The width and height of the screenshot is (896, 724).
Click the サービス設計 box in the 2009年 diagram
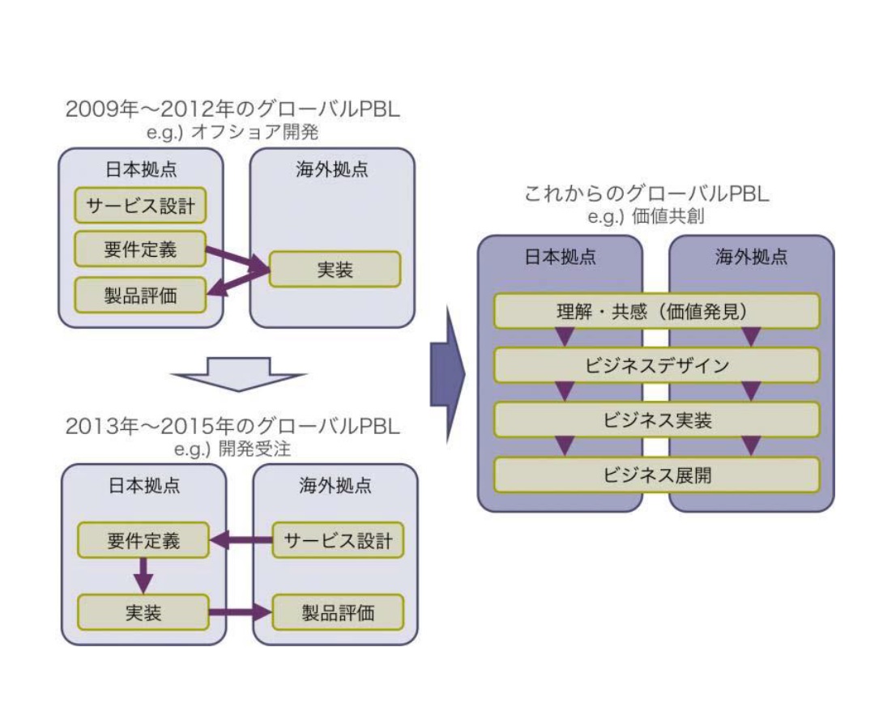click(139, 206)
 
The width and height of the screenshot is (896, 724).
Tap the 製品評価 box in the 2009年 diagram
click(139, 295)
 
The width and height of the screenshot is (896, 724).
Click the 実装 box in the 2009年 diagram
click(335, 269)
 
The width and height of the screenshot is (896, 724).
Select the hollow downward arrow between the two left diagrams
click(239, 374)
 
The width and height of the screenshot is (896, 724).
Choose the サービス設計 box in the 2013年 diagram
click(338, 540)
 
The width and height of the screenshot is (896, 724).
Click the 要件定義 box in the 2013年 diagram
click(143, 540)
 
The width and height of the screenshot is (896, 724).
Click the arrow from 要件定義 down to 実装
click(143, 576)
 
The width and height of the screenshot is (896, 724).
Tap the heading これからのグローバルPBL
click(646, 195)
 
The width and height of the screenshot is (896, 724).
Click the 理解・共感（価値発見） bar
click(657, 311)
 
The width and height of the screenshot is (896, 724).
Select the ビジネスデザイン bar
click(657, 365)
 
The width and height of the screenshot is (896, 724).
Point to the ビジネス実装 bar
click(657, 420)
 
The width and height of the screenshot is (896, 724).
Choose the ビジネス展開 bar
click(657, 475)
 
